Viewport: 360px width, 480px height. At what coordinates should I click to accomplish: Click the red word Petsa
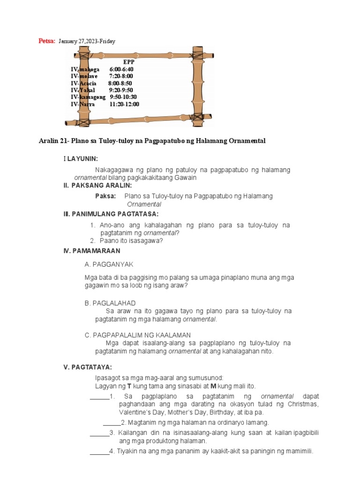pyautogui.click(x=46, y=41)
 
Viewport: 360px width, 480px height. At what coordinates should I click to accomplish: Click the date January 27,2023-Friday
pyautogui.click(x=87, y=42)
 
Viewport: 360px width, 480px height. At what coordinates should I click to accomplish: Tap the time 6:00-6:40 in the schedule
pyautogui.click(x=121, y=69)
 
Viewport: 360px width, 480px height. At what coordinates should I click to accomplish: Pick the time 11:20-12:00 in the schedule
pyautogui.click(x=124, y=105)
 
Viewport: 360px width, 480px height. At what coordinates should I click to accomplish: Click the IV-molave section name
pyautogui.click(x=84, y=76)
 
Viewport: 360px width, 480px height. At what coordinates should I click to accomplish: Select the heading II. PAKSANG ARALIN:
pyautogui.click(x=97, y=186)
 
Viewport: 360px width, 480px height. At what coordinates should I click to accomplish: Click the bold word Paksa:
pyautogui.click(x=105, y=196)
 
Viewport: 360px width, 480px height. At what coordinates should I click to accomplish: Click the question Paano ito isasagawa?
pyautogui.click(x=131, y=241)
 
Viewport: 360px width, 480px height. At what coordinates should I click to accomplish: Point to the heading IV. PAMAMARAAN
pyautogui.click(x=91, y=251)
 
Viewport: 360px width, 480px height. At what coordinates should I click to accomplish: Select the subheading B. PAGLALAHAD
pyautogui.click(x=110, y=303)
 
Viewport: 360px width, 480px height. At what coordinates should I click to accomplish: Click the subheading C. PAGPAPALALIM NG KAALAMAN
pyautogui.click(x=137, y=335)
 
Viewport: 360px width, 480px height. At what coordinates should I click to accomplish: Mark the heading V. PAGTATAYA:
pyautogui.click(x=88, y=367)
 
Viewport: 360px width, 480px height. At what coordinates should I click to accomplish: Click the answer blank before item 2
pyautogui.click(x=112, y=422)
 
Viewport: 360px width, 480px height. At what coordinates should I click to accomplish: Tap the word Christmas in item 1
pyautogui.click(x=303, y=404)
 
